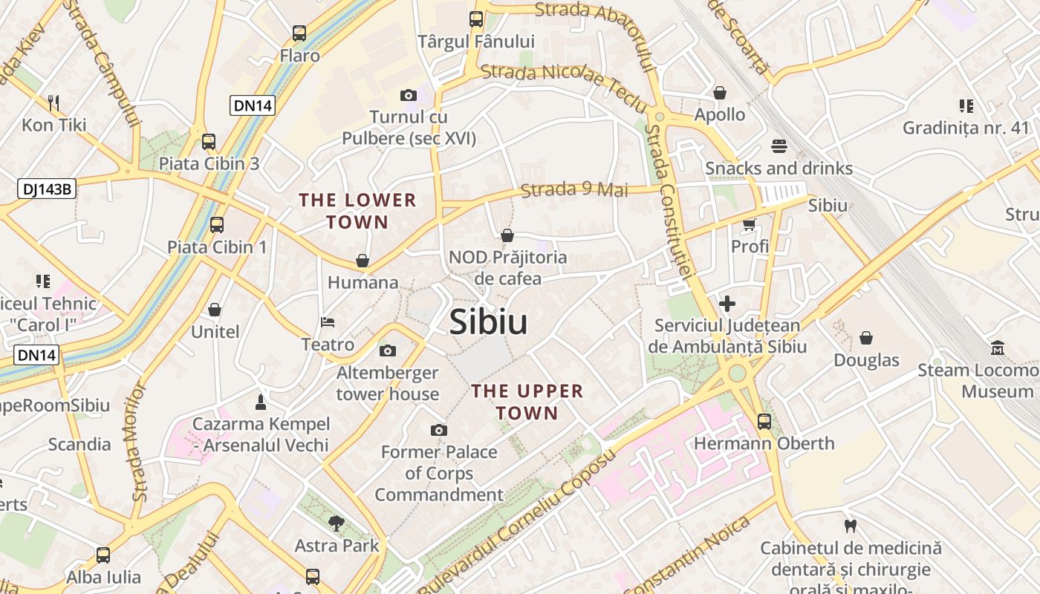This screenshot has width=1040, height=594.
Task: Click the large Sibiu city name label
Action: pos(489,322)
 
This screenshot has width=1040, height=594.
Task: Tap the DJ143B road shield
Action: pos(48,189)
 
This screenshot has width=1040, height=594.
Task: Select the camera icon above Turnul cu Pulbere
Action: pos(408,95)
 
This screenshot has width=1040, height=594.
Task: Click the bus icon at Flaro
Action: pos(299,33)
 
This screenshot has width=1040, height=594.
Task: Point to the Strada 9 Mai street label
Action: pos(574,189)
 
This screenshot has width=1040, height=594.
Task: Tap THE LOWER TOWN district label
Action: pos(357,211)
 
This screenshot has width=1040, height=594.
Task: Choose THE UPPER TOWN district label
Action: pos(527,402)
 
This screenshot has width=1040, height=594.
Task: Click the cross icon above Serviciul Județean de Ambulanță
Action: pos(727,304)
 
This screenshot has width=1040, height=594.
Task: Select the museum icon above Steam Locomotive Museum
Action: pos(998,347)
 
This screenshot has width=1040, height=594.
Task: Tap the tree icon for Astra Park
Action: pos(337,523)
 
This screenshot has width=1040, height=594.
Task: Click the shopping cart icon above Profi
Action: pos(749,224)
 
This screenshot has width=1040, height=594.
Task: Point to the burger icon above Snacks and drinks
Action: pos(779,146)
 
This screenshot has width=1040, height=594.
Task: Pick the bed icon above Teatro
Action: pos(328,322)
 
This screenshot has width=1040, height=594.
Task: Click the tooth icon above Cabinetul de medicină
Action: pos(851,526)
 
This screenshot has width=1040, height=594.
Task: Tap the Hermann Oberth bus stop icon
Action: pos(764,422)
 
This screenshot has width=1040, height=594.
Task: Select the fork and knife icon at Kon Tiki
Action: pos(53,102)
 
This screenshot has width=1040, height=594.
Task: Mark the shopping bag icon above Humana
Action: pos(363,261)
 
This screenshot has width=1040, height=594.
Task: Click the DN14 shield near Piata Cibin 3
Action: pos(253,105)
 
